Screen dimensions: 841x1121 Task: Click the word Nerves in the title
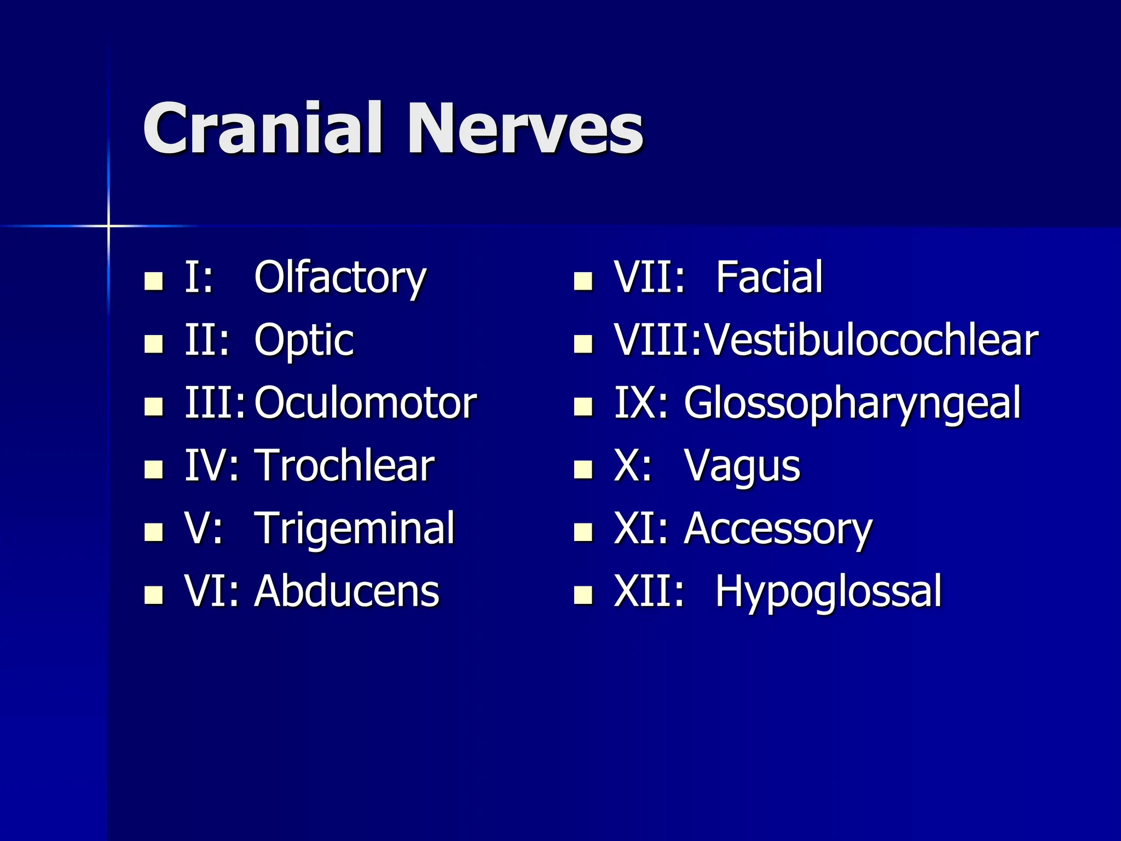click(524, 129)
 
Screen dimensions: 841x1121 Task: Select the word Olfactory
click(339, 278)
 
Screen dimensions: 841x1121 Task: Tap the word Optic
click(304, 341)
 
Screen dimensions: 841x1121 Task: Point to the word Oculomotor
click(365, 404)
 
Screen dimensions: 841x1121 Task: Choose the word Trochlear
click(344, 466)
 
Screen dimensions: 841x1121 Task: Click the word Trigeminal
click(355, 529)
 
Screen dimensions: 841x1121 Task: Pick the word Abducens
click(347, 591)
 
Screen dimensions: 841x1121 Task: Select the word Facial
click(769, 278)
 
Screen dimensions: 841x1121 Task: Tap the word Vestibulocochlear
click(871, 341)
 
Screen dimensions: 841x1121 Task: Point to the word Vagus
click(742, 467)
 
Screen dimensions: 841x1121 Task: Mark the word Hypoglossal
click(828, 592)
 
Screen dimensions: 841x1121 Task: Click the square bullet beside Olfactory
click(153, 281)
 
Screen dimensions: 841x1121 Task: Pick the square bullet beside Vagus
click(583, 469)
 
